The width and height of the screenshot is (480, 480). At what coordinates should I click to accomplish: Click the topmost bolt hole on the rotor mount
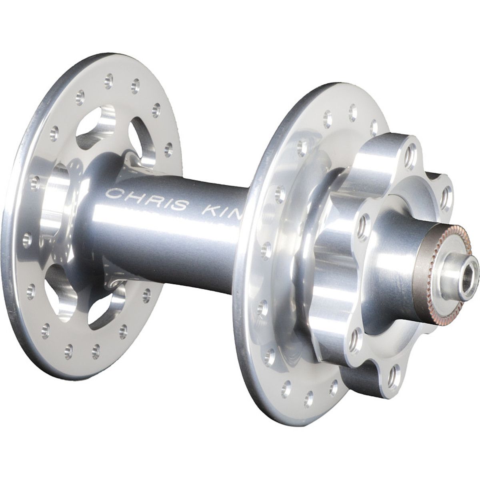click(x=409, y=154)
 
